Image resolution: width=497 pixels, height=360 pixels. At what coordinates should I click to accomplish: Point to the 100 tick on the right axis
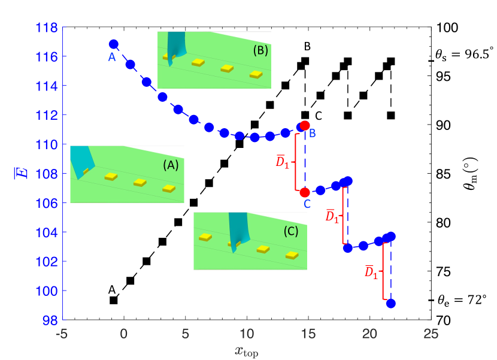(x=448, y=28)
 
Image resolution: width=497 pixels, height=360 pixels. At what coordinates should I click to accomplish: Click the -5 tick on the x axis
(x=60, y=333)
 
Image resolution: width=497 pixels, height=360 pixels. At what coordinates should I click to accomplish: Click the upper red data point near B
(x=305, y=126)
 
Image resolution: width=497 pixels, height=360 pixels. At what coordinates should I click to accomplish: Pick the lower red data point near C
(x=305, y=192)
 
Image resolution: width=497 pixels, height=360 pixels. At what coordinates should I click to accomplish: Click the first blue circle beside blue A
(x=114, y=44)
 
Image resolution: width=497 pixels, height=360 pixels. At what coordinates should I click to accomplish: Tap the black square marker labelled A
(x=114, y=300)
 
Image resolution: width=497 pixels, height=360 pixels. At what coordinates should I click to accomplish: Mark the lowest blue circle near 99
(x=391, y=304)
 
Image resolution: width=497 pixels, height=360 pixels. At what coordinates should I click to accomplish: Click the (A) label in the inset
(x=171, y=169)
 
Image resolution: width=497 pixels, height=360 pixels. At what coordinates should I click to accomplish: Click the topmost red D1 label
(x=282, y=162)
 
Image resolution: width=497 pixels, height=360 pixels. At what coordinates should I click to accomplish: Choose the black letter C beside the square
(x=319, y=115)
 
